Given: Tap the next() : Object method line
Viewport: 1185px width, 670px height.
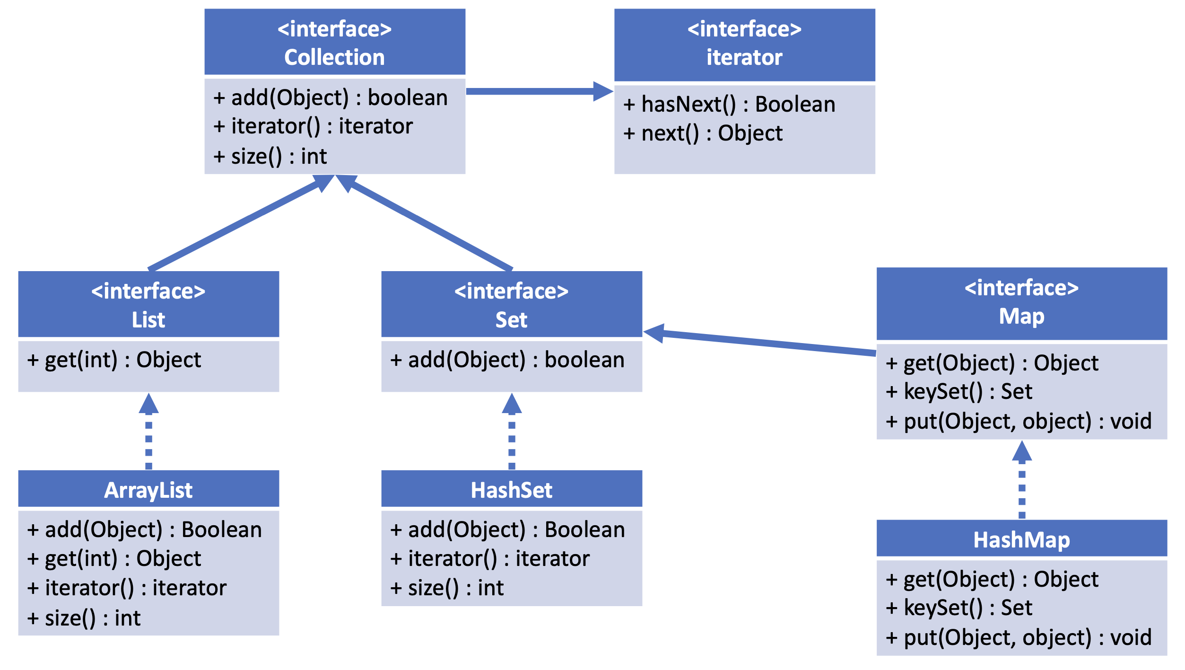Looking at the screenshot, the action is (x=703, y=133).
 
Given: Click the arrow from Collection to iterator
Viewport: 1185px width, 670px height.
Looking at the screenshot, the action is (x=540, y=91).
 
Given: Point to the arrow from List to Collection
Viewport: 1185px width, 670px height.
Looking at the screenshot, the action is (x=241, y=222).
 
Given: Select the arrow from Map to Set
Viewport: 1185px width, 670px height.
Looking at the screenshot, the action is (x=759, y=340).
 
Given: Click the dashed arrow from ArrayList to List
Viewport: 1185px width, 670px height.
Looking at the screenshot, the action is (x=148, y=431).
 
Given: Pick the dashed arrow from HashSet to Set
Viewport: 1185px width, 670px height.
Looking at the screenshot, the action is (x=512, y=431).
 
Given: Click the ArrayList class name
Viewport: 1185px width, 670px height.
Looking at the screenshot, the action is (x=148, y=490).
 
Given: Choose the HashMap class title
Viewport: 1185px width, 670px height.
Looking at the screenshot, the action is (x=1022, y=540).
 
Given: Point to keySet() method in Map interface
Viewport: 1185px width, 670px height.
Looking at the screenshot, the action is (x=959, y=392).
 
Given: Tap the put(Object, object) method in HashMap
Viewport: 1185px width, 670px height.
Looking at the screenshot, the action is (x=1019, y=638).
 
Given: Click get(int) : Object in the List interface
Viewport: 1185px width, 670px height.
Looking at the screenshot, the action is (x=114, y=360).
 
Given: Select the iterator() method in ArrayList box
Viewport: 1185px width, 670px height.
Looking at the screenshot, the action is (x=127, y=588).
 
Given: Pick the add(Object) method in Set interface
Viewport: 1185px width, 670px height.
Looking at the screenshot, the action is (x=507, y=360).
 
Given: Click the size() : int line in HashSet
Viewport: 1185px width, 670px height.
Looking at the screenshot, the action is (x=447, y=588).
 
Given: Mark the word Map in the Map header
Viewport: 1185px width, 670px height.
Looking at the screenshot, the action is (x=1022, y=316).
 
